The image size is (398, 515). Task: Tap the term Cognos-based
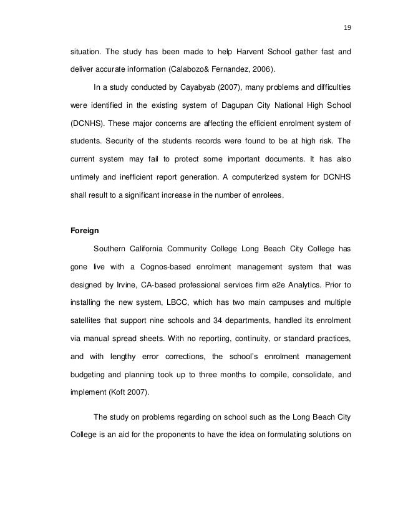(x=166, y=266)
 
